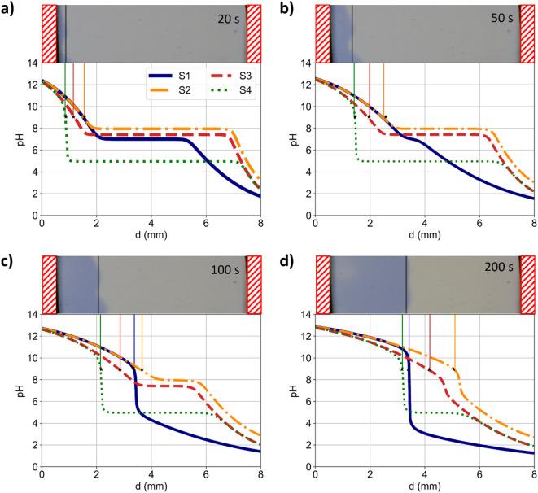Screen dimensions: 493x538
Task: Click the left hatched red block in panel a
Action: point(49,33)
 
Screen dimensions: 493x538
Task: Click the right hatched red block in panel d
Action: point(527,285)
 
